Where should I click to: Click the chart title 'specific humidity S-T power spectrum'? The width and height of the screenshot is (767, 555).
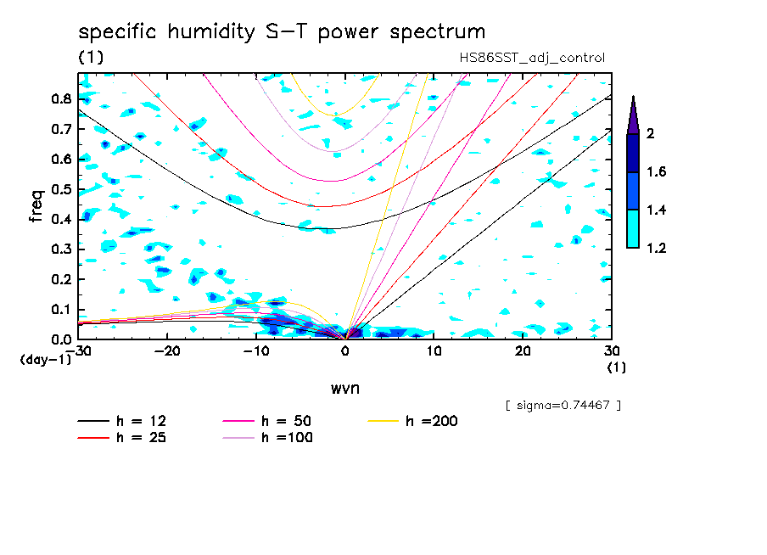point(282,32)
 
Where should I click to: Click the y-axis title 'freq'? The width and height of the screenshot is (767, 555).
point(36,205)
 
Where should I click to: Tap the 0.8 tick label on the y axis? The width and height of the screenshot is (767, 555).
point(59,98)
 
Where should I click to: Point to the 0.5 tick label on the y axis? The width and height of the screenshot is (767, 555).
point(59,188)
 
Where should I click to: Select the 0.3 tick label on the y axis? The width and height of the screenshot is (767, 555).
point(59,249)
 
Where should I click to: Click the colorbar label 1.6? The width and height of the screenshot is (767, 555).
point(657,172)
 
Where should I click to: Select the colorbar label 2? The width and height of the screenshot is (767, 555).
point(652,134)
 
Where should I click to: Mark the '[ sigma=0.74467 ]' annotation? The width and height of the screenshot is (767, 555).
point(563,406)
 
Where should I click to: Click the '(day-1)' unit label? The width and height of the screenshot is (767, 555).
point(45,360)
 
